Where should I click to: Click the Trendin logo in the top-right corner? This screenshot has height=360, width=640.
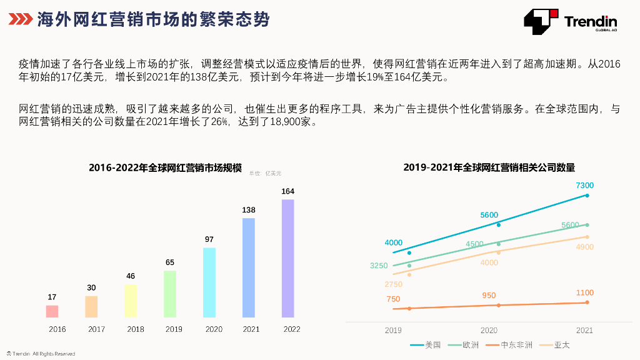570,22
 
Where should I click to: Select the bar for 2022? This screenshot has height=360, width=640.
288,258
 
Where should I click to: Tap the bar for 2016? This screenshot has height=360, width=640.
52,311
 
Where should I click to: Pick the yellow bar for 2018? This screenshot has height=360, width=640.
131,301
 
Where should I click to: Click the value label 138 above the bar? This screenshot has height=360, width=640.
249,211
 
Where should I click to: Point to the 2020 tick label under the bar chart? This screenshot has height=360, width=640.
214,329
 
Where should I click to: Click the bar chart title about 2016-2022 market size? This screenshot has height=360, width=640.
165,167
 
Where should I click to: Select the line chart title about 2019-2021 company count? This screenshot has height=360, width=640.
489,167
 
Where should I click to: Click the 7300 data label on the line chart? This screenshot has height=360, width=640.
584,186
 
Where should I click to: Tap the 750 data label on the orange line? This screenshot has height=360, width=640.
393,299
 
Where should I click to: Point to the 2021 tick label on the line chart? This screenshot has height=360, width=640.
584,331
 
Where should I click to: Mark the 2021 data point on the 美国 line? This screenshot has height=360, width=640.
587,196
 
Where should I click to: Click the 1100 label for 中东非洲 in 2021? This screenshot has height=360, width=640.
584,293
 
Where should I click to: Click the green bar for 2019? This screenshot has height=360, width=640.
170,294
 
